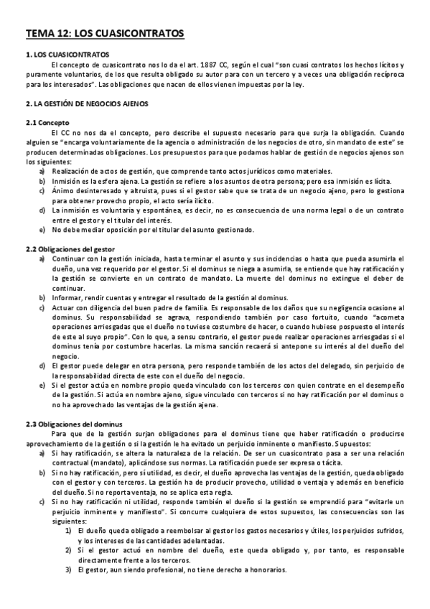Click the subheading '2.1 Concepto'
49,123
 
